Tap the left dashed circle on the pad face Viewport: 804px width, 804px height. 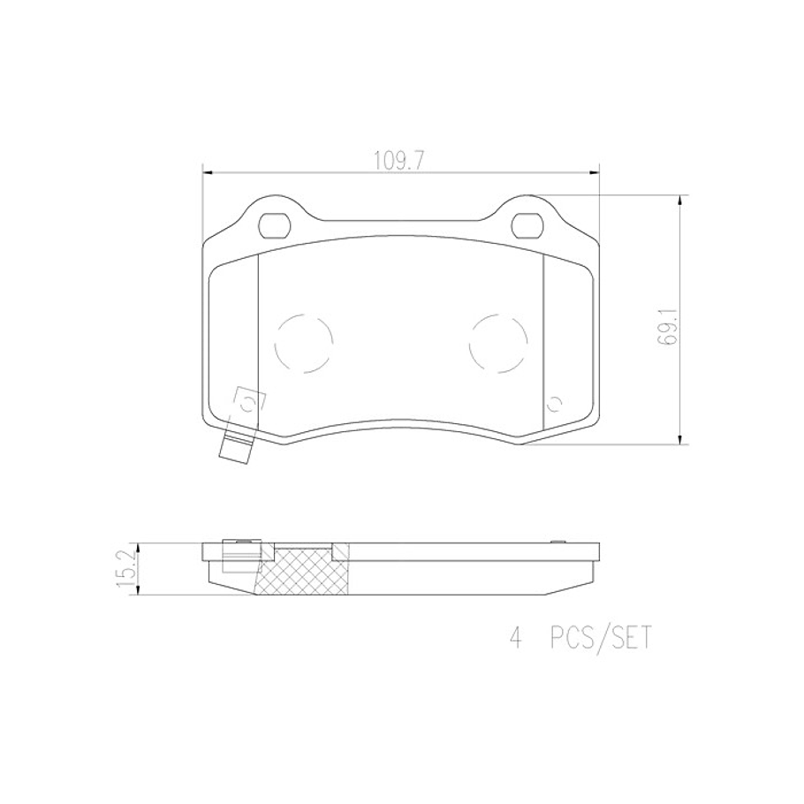point(304,345)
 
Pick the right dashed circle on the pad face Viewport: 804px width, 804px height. point(498,345)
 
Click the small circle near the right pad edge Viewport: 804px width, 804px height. point(555,405)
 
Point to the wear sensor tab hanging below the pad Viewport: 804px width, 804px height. point(235,449)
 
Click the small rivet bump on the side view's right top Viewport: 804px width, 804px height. point(555,542)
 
